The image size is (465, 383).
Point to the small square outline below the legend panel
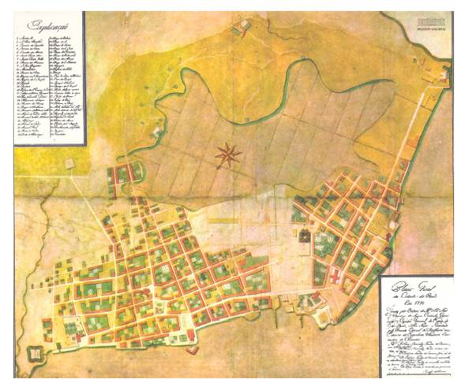click(71, 165)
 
